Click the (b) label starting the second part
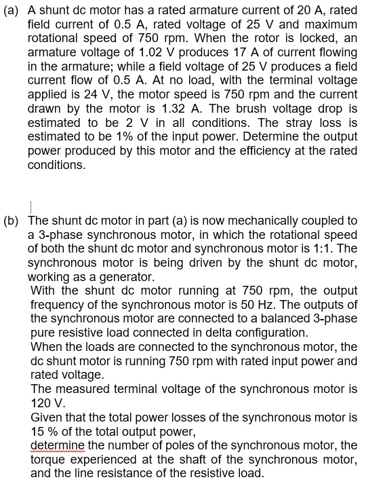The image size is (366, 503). pyautogui.click(x=12, y=221)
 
